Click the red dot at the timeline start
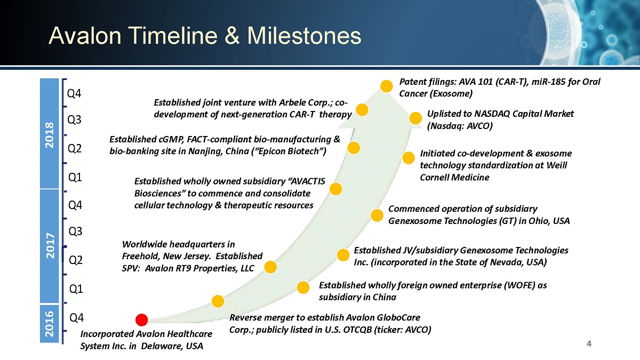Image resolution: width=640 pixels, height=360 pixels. point(141,319)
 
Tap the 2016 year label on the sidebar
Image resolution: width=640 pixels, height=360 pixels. point(50,324)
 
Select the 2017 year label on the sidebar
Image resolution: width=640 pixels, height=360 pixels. point(50,246)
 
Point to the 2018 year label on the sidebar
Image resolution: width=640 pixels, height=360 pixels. point(50,135)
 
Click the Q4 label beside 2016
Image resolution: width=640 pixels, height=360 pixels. point(77,318)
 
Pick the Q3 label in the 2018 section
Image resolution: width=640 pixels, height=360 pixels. point(74,119)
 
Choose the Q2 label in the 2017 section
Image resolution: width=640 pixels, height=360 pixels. point(76,260)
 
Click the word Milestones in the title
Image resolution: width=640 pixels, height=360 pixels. point(304,36)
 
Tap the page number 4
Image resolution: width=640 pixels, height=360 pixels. point(589,343)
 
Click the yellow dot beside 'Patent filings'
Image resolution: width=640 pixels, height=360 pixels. point(386,86)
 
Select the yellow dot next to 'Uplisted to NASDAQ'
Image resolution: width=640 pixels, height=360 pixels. point(415,118)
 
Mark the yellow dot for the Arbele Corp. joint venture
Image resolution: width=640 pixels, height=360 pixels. point(362,110)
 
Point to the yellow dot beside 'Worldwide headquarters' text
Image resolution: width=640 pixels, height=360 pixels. point(270,267)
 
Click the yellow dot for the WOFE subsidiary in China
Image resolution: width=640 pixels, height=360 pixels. point(303,287)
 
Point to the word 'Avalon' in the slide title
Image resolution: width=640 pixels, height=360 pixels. point(85,36)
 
